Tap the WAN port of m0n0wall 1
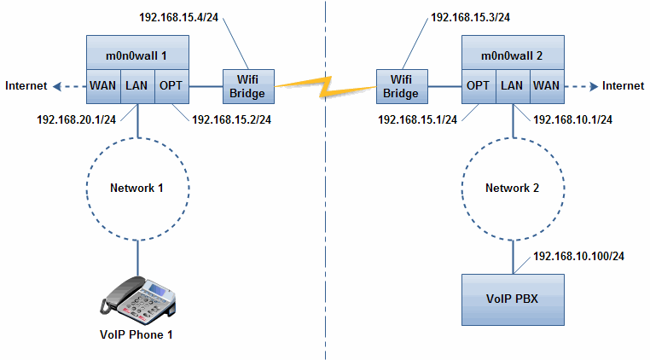pyautogui.click(x=103, y=85)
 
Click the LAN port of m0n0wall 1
pyautogui.click(x=137, y=85)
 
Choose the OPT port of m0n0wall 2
pyautogui.click(x=477, y=85)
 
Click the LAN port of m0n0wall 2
pyautogui.click(x=512, y=85)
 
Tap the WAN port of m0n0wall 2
pyautogui.click(x=546, y=85)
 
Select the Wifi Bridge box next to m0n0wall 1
pyautogui.click(x=247, y=85)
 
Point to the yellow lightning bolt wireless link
pyautogui.click(x=325, y=84)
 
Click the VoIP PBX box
pyautogui.click(x=512, y=299)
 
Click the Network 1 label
pyautogui.click(x=137, y=188)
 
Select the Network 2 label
pyautogui.click(x=512, y=188)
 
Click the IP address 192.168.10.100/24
pyautogui.click(x=577, y=256)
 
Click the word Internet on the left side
pyautogui.click(x=26, y=85)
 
